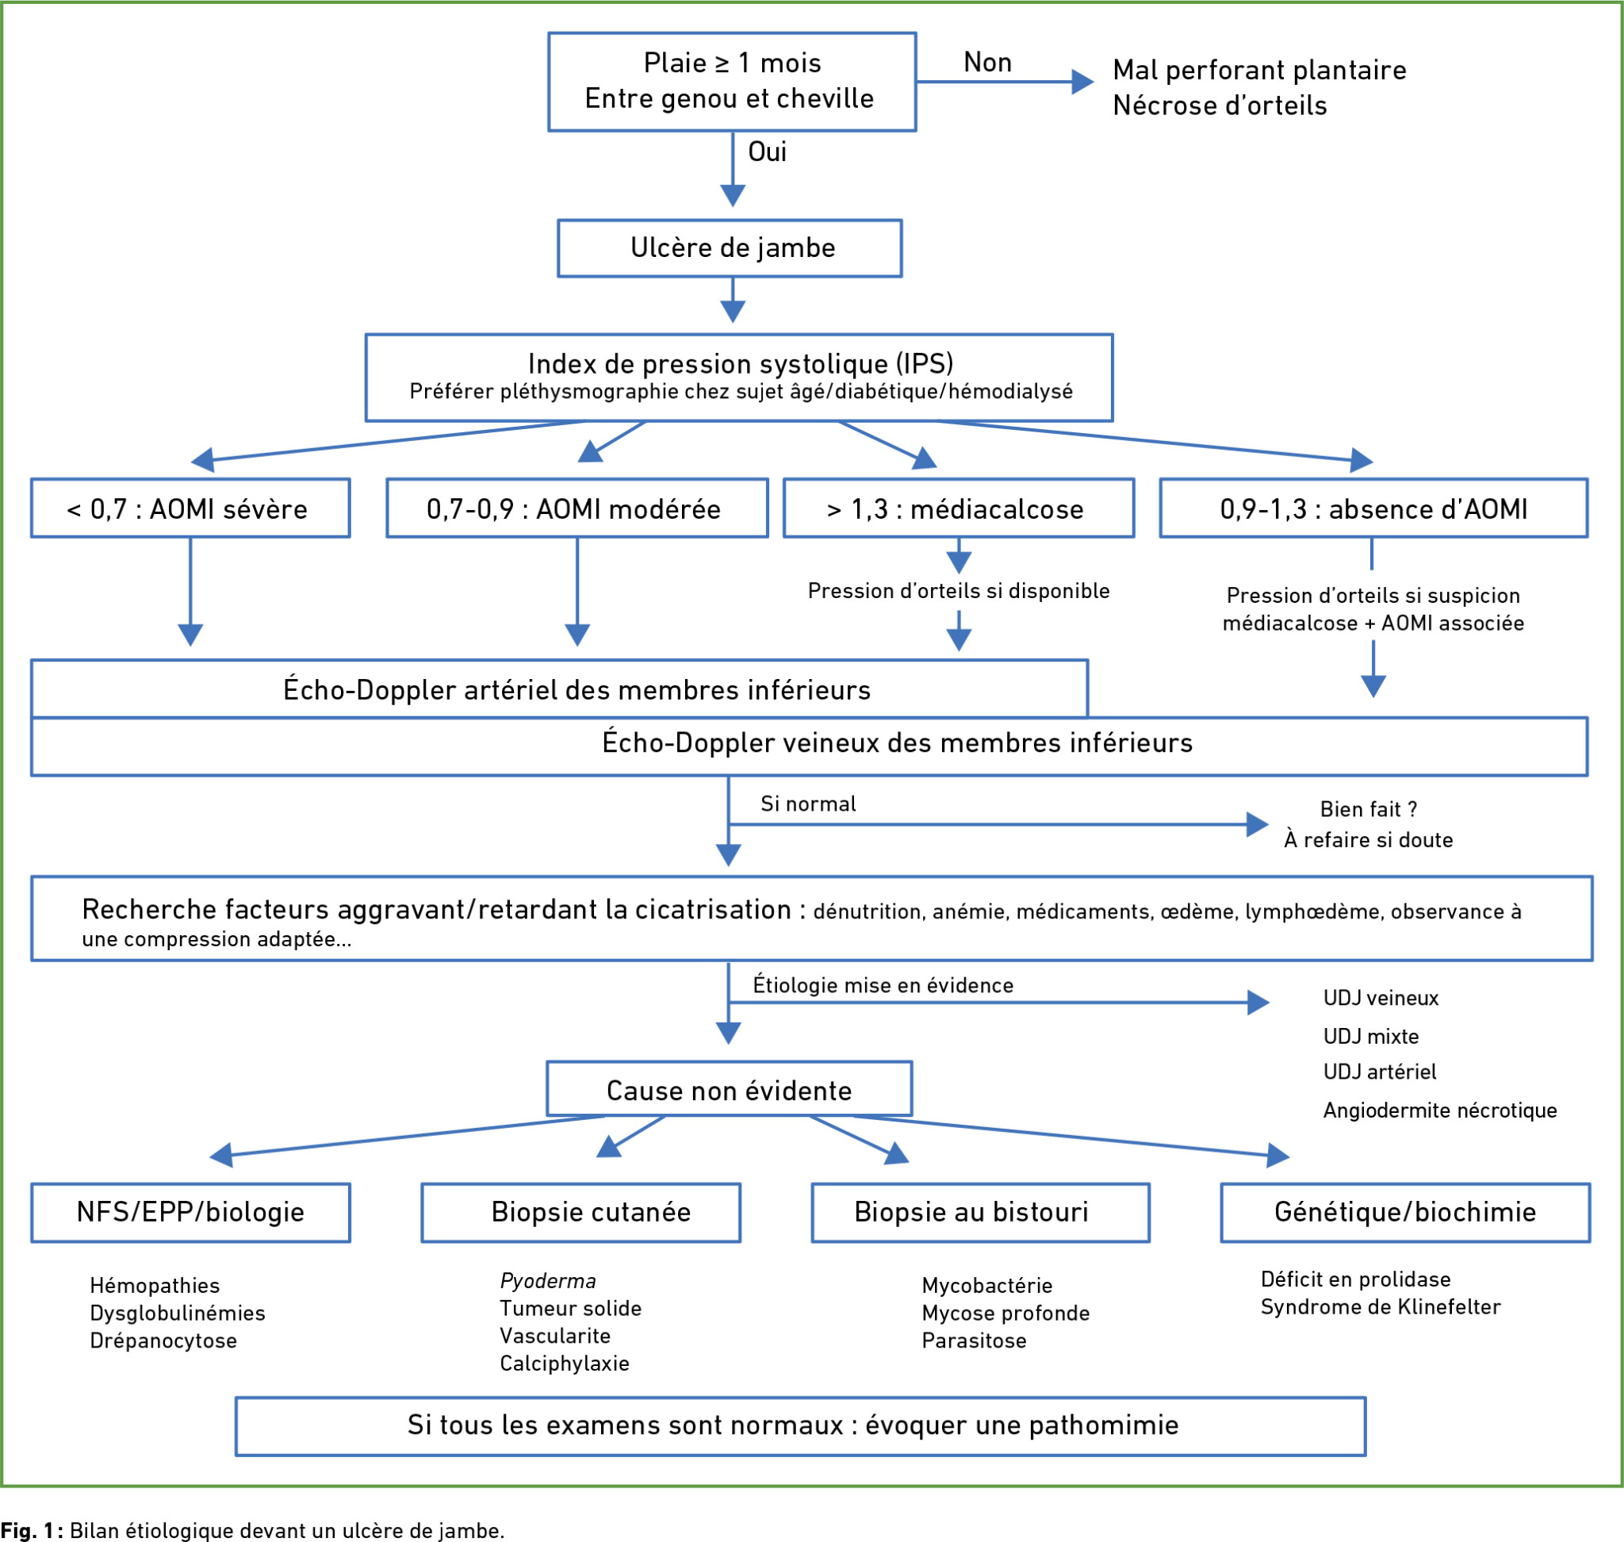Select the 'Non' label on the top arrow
coord(987,63)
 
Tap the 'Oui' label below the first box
coord(767,152)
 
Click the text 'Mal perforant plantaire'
coord(1259,70)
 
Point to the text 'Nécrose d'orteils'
coord(1220,105)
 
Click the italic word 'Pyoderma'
coord(547,1280)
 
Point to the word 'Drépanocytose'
coord(163,1341)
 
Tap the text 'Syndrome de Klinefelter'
coord(1380,1307)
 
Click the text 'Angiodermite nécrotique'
coord(1439,1110)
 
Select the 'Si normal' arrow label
coord(808,803)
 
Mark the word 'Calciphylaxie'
coord(564,1364)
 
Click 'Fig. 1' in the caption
coord(28,1529)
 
